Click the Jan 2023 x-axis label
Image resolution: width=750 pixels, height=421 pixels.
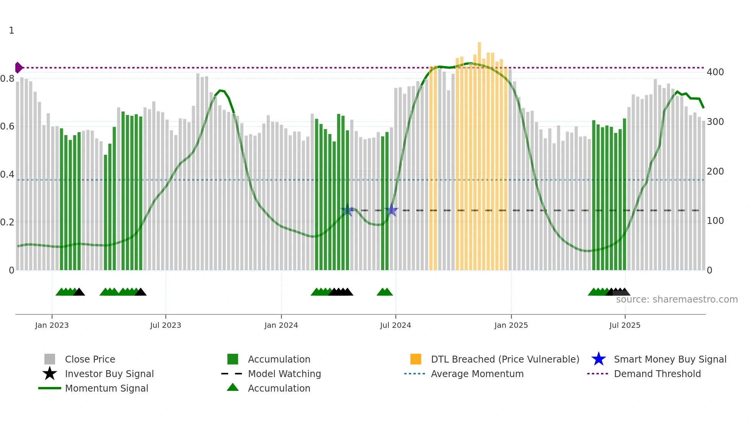pyautogui.click(x=52, y=325)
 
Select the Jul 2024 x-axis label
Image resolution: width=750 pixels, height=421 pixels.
pyautogui.click(x=395, y=325)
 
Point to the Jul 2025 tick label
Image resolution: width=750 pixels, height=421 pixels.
pyautogui.click(x=624, y=325)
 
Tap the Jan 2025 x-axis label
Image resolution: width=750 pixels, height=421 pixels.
pyautogui.click(x=511, y=325)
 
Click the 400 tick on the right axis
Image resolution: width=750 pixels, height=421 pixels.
pyautogui.click(x=715, y=72)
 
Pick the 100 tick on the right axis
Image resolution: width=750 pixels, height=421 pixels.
pyautogui.click(x=715, y=221)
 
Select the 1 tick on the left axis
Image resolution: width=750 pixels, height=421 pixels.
pyautogui.click(x=11, y=31)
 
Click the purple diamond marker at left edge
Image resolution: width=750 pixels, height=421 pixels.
pyautogui.click(x=18, y=68)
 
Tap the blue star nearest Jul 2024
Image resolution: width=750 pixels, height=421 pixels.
pyautogui.click(x=391, y=210)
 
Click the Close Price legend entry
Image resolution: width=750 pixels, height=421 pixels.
pyautogui.click(x=90, y=359)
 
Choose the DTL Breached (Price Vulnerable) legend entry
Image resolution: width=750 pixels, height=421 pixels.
pyautogui.click(x=504, y=359)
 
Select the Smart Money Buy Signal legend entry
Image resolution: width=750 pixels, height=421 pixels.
pyautogui.click(x=670, y=359)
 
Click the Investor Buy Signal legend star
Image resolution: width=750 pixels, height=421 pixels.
pyautogui.click(x=50, y=374)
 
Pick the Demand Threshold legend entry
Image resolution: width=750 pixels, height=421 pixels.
pyautogui.click(x=657, y=374)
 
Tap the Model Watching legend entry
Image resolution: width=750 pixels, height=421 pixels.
pyautogui.click(x=284, y=374)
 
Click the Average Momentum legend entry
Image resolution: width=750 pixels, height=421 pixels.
pyautogui.click(x=477, y=374)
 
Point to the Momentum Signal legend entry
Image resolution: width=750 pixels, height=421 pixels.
pyautogui.click(x=106, y=388)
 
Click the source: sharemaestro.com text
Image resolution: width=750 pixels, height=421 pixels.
pyautogui.click(x=677, y=300)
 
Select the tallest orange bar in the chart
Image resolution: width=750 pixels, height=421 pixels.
pyautogui.click(x=479, y=153)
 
